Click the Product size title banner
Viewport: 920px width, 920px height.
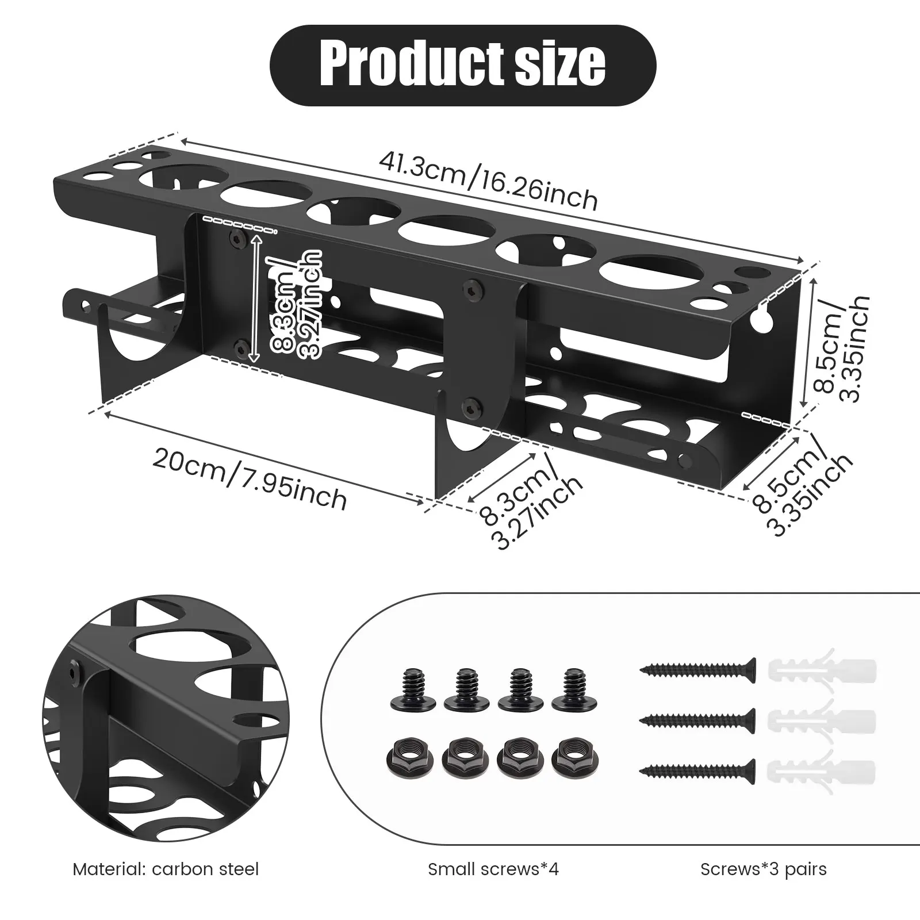pyautogui.click(x=463, y=64)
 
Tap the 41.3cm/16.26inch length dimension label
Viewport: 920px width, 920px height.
pyautogui.click(x=488, y=181)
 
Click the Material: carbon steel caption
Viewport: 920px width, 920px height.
pyautogui.click(x=166, y=869)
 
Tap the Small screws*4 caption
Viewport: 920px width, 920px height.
pyautogui.click(x=493, y=869)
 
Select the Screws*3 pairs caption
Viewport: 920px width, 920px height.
pyautogui.click(x=763, y=869)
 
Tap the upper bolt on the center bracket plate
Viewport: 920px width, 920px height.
pyautogui.click(x=473, y=284)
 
